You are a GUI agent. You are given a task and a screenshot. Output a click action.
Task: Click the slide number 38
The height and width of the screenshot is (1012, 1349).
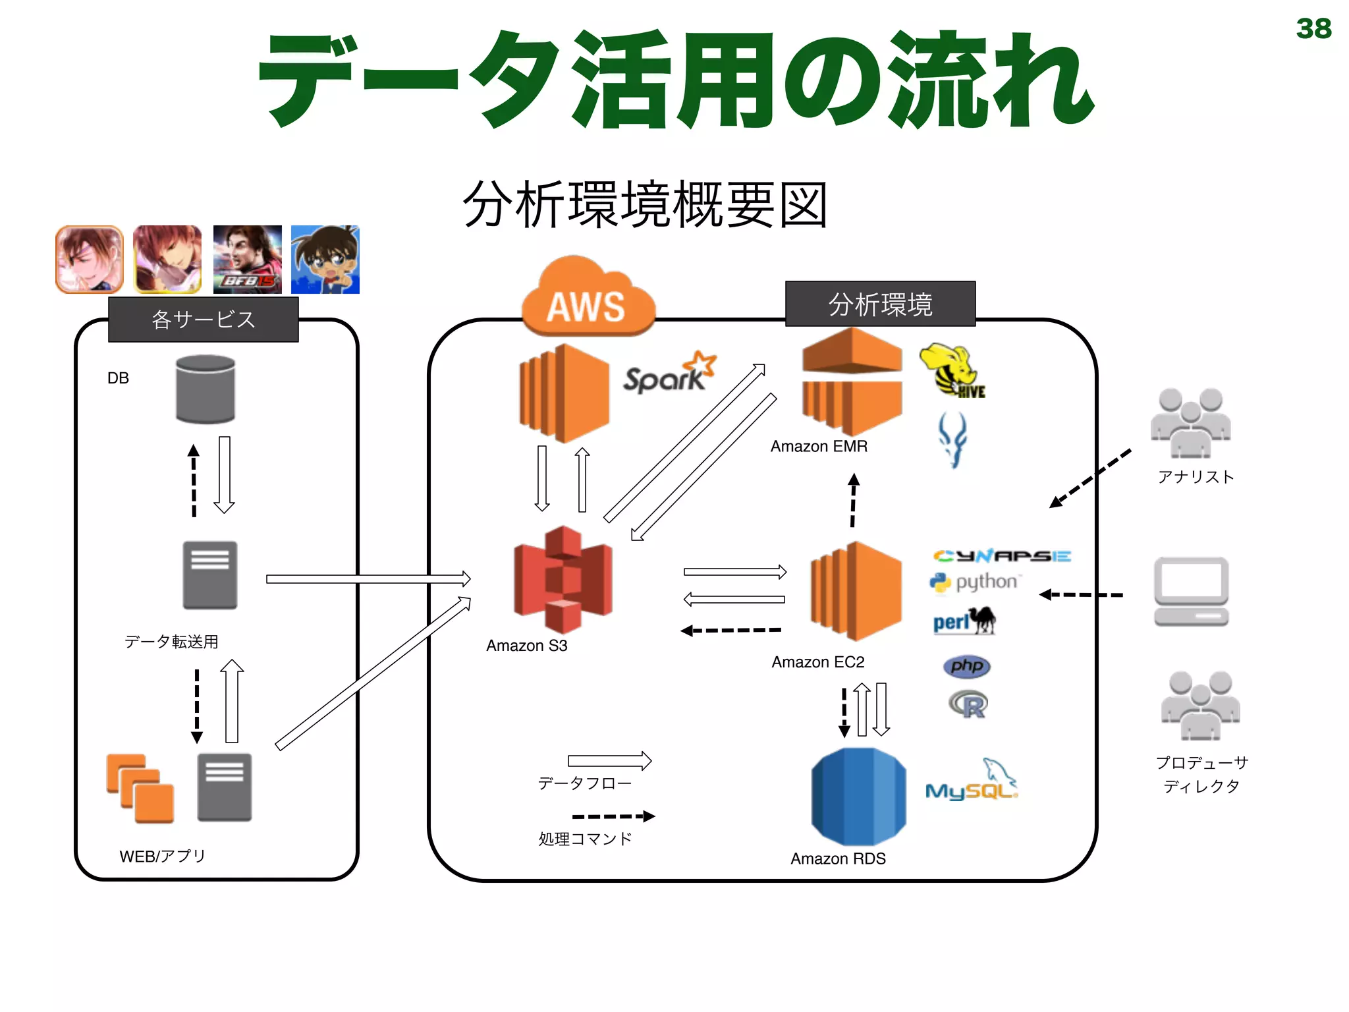click(x=1313, y=28)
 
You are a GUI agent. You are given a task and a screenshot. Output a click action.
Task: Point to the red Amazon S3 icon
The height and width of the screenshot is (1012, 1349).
click(x=563, y=580)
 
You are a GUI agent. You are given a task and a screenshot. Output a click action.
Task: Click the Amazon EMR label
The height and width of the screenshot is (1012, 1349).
click(x=819, y=447)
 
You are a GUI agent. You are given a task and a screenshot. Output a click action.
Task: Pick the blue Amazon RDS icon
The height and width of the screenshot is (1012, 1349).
click(x=858, y=797)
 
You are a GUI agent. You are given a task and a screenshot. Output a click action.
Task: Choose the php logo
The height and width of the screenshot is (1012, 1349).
click(x=966, y=665)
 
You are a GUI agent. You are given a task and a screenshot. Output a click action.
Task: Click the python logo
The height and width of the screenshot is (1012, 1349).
click(x=976, y=582)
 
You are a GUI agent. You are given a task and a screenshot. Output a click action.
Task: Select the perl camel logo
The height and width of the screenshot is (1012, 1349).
click(x=964, y=621)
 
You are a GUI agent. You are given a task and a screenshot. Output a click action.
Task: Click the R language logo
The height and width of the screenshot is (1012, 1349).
click(x=968, y=705)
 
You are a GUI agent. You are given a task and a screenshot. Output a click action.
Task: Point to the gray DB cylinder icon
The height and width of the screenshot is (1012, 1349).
click(x=206, y=389)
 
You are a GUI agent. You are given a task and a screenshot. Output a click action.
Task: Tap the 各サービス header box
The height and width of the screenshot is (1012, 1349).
click(x=204, y=320)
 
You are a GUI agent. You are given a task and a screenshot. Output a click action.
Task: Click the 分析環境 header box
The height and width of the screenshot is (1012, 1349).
click(x=880, y=304)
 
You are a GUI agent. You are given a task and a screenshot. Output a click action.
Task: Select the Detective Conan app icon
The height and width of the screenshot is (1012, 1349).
click(x=325, y=260)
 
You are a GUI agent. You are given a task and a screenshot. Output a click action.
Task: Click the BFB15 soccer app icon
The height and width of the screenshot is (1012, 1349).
click(x=248, y=260)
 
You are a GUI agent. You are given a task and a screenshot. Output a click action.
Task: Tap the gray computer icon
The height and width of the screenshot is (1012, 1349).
click(x=1191, y=592)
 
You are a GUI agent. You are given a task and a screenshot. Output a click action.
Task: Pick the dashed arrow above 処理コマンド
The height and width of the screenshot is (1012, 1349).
click(x=613, y=816)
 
